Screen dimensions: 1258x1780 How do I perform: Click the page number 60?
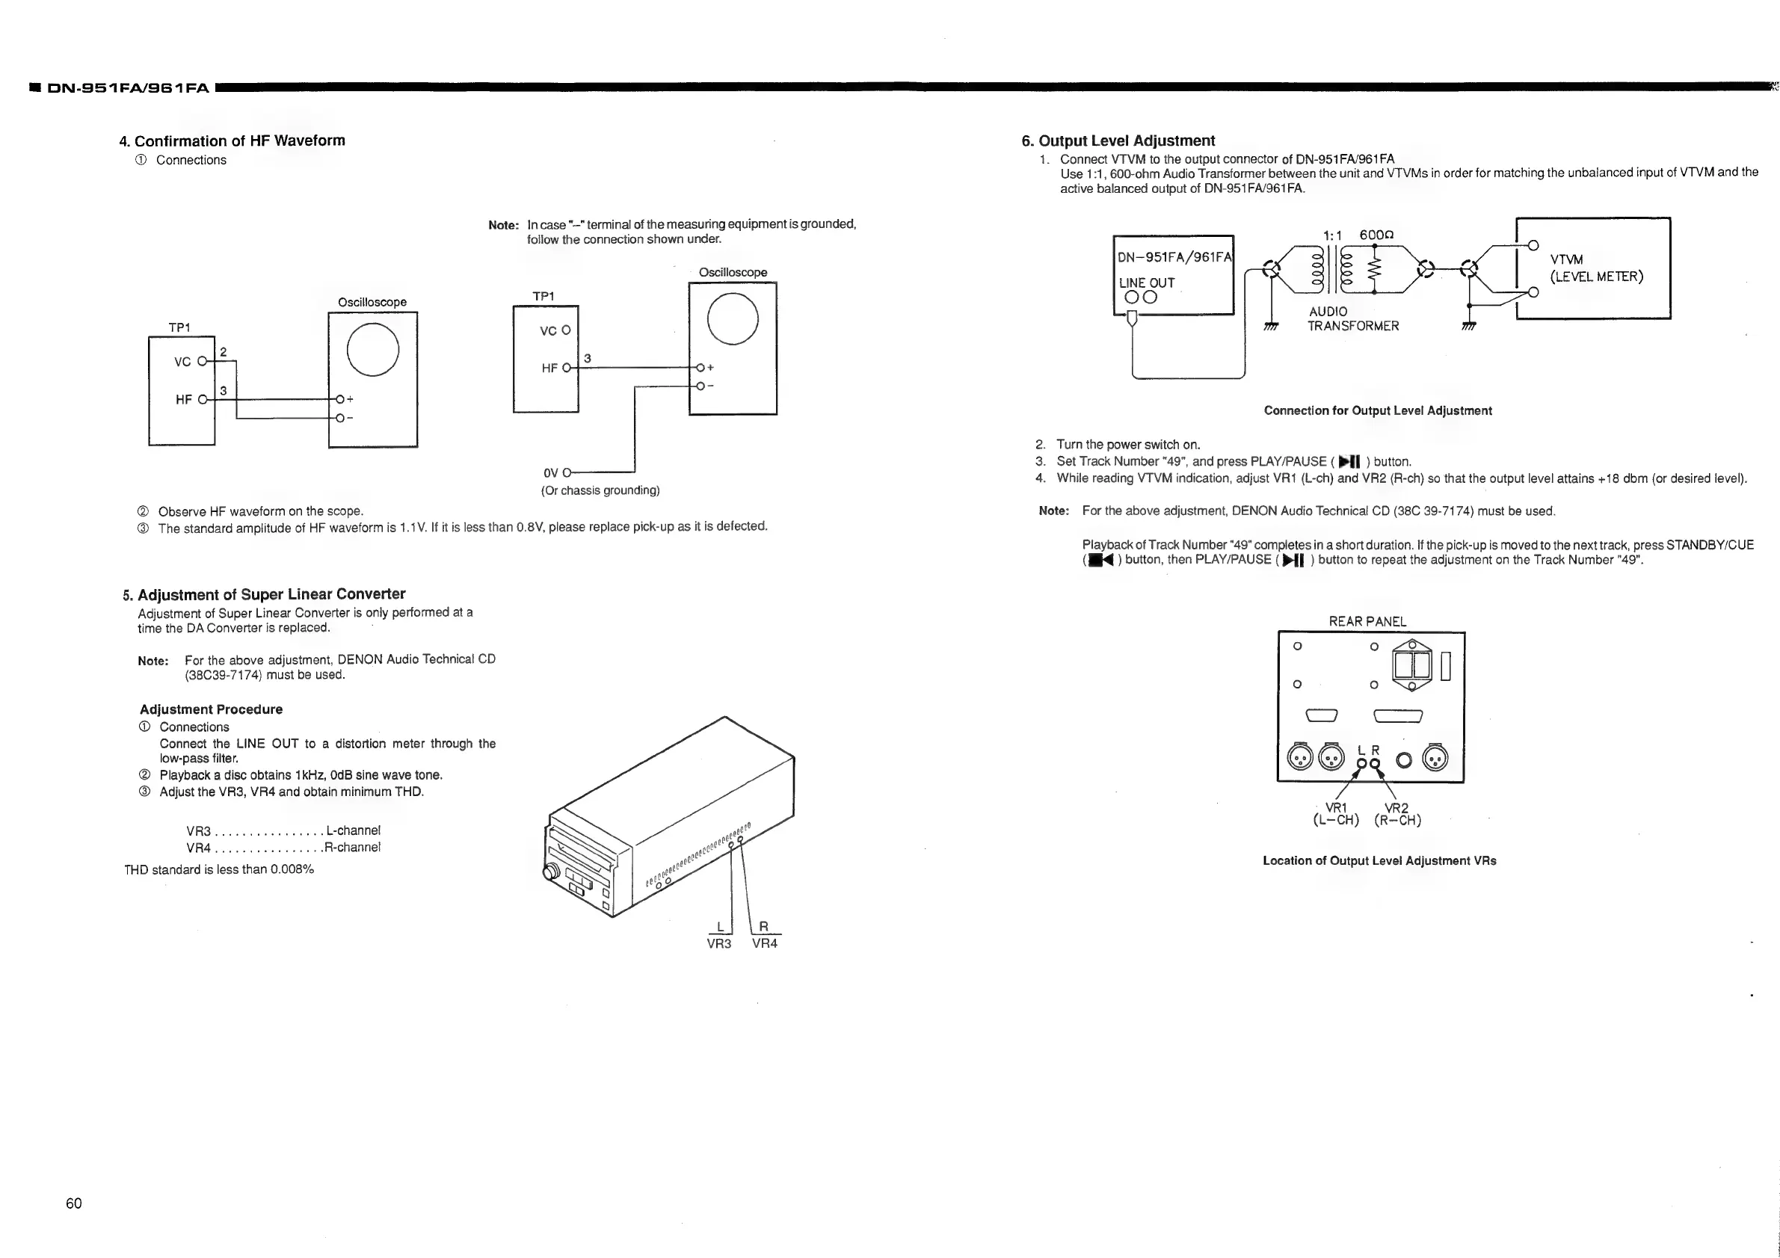pos(74,1203)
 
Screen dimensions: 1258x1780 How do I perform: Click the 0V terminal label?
pos(550,473)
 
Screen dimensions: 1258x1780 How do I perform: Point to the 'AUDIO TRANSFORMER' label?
pos(1353,318)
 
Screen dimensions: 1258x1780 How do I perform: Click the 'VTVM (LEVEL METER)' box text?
pos(1596,268)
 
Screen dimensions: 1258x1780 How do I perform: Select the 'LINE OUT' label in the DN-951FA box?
pos(1147,283)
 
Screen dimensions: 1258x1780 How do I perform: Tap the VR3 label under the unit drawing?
pos(718,943)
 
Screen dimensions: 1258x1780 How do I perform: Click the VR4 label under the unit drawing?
pos(765,943)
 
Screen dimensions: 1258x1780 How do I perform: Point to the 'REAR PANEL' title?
pos(1367,622)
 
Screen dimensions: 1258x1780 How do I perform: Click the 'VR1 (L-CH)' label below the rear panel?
pos(1336,814)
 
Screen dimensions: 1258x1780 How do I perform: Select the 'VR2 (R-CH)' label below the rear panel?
pos(1397,814)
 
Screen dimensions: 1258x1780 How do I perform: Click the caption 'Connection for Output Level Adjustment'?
pos(1378,411)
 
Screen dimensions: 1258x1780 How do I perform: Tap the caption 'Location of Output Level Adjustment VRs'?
pos(1379,860)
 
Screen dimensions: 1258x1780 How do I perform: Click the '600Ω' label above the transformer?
pos(1376,235)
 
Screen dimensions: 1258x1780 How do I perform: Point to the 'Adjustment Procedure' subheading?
pos(211,709)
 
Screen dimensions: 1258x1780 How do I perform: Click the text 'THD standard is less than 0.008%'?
pos(218,869)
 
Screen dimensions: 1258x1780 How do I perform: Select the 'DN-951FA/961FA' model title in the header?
pos(128,88)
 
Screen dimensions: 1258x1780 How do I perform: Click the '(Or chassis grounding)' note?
pos(600,490)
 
